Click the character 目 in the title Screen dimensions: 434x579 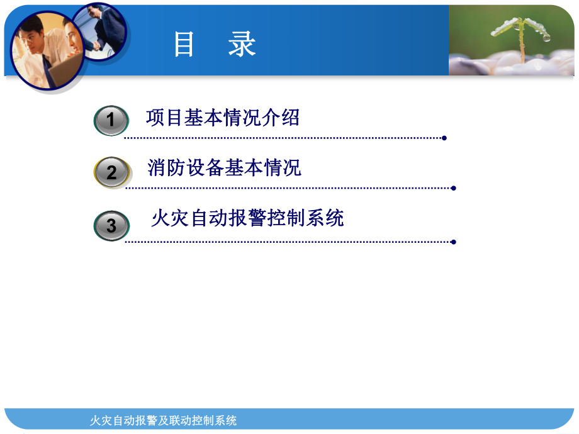pyautogui.click(x=184, y=45)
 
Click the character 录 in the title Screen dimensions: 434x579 pyautogui.click(x=242, y=45)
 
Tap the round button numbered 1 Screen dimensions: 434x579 pyautogui.click(x=111, y=120)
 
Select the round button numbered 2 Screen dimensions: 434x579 pyautogui.click(x=111, y=172)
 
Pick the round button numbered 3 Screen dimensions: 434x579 pyautogui.click(x=111, y=226)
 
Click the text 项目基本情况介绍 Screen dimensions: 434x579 pyautogui.click(x=222, y=118)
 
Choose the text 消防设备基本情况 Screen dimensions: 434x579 pyautogui.click(x=224, y=168)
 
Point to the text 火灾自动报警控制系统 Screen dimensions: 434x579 pyautogui.click(x=247, y=218)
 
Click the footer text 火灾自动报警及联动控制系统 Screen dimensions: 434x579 pyautogui.click(x=164, y=420)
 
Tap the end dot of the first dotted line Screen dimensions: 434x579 pyautogui.click(x=444, y=138)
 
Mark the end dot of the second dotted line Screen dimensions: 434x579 pyautogui.click(x=454, y=188)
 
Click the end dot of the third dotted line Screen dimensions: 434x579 pyautogui.click(x=454, y=242)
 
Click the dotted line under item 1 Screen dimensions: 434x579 pyautogui.click(x=283, y=138)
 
